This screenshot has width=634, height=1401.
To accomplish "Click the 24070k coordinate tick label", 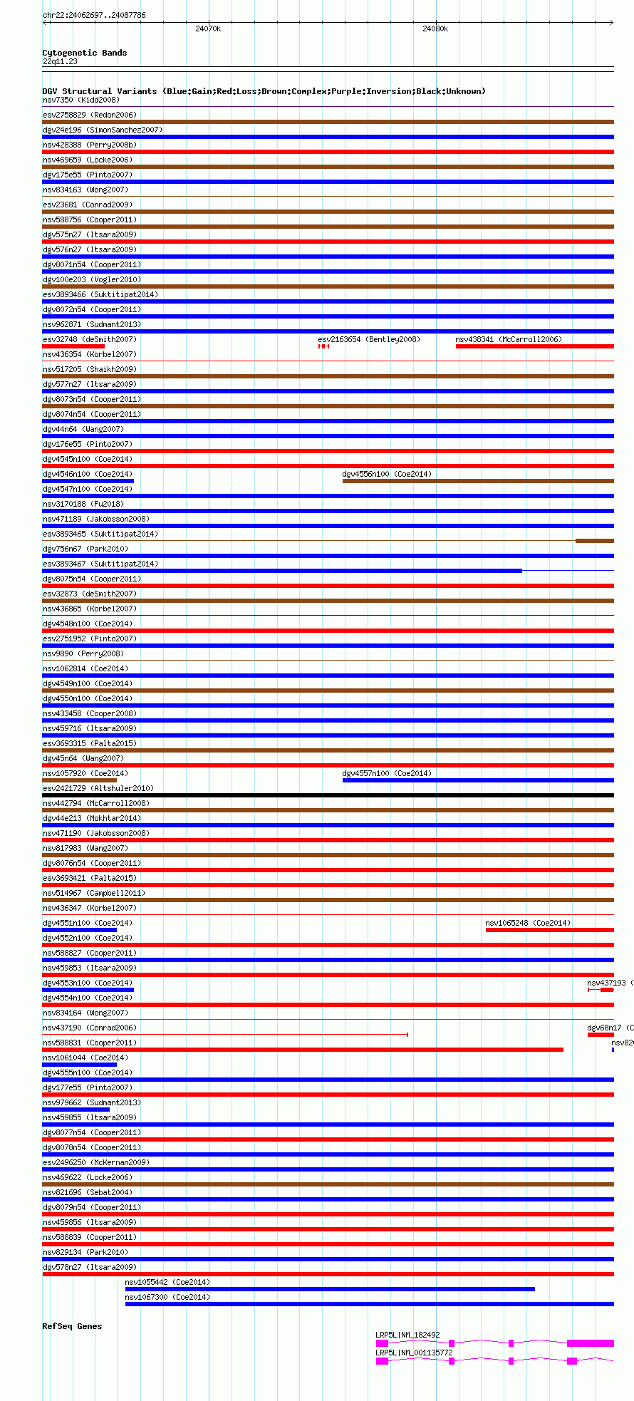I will (208, 29).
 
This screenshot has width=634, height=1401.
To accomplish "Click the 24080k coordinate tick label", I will (435, 29).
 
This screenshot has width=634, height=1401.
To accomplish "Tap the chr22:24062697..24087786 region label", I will (94, 15).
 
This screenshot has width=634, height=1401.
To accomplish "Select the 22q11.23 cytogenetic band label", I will (60, 61).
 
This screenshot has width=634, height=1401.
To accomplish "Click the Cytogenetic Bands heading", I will (84, 53).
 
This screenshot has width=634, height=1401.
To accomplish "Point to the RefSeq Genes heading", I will (72, 1326).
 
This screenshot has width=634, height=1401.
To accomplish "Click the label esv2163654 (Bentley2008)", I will (368, 339).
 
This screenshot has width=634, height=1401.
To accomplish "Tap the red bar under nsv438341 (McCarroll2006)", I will (534, 346).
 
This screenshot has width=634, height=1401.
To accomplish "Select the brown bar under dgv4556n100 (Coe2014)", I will (477, 481).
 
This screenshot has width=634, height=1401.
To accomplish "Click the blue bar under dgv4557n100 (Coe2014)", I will (477, 780).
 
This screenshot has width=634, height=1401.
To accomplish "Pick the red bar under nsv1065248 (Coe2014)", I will (549, 930).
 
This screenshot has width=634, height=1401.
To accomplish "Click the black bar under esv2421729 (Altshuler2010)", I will (328, 795).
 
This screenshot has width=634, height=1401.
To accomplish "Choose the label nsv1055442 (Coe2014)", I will (167, 1282).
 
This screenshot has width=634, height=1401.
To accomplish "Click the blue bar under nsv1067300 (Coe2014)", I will (369, 1304).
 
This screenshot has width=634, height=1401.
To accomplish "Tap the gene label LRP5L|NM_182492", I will (407, 1335).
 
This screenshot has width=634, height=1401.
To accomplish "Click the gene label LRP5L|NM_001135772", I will (414, 1353).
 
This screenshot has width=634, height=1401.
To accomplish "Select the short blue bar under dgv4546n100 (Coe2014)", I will (88, 481).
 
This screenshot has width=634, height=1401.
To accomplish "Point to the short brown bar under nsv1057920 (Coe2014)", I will (79, 780).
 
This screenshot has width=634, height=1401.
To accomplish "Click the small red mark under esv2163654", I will (323, 346).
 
